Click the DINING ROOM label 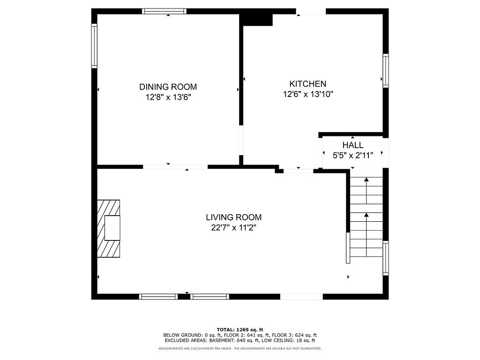click(x=168, y=87)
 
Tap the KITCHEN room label click(x=307, y=84)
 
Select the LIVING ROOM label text click(x=233, y=217)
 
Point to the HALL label click(x=352, y=145)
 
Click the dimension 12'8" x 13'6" click(x=168, y=97)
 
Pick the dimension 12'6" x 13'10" click(x=307, y=94)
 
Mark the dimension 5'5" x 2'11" click(x=352, y=155)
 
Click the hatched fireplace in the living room click(x=108, y=228)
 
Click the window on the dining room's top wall click(x=165, y=11)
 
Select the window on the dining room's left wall click(x=94, y=46)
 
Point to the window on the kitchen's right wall click(x=385, y=70)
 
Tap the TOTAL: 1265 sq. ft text click(x=240, y=330)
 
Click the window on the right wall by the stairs click(x=385, y=257)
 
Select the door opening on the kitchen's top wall click(x=310, y=11)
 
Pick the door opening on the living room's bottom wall click(x=301, y=296)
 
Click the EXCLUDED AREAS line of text click(x=240, y=341)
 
